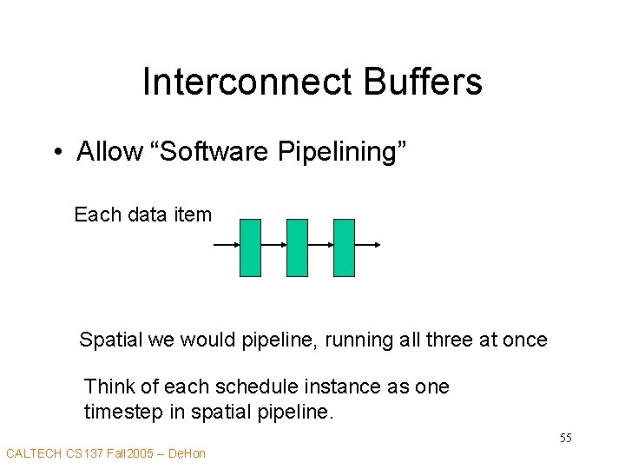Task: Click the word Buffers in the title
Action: (x=419, y=83)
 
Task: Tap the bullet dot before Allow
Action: (x=56, y=153)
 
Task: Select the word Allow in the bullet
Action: (x=109, y=152)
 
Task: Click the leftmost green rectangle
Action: (x=250, y=248)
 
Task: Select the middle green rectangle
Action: (x=297, y=248)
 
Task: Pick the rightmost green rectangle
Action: (x=344, y=248)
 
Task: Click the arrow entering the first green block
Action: (x=227, y=246)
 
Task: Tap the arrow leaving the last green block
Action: (x=368, y=246)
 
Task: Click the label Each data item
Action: (x=143, y=215)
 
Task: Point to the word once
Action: (x=525, y=340)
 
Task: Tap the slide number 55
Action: (x=565, y=438)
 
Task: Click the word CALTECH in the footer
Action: (x=34, y=453)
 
